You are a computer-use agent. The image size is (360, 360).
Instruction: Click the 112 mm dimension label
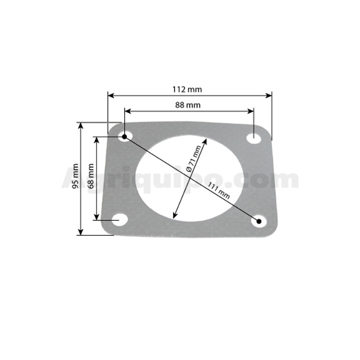pyautogui.click(x=187, y=89)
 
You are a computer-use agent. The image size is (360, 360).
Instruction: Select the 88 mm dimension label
pyautogui.click(x=188, y=105)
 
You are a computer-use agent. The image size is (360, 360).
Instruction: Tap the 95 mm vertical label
pyautogui.click(x=75, y=176)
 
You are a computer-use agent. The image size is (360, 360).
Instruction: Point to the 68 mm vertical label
pyautogui.click(x=91, y=176)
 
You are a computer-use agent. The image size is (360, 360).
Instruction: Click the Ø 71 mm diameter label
pyautogui.click(x=194, y=158)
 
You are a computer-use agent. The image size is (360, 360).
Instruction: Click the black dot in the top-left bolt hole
pyautogui.click(x=124, y=137)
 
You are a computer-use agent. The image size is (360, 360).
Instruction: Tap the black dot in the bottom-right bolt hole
pyautogui.click(x=259, y=221)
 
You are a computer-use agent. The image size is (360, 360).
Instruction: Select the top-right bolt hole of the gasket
pyautogui.click(x=253, y=138)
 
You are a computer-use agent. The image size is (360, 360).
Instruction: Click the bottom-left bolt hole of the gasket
pyautogui.click(x=120, y=219)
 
